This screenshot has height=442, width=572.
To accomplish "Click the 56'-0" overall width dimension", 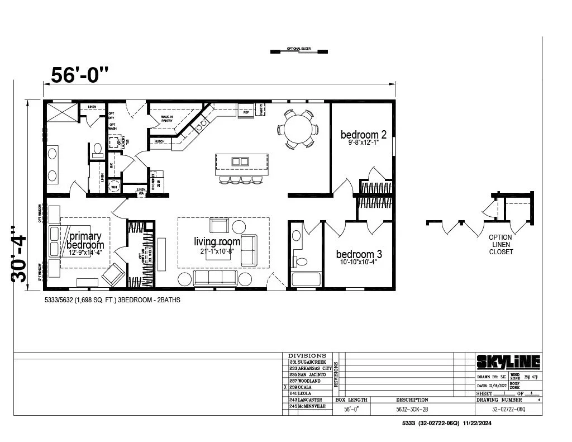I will (x=79, y=74).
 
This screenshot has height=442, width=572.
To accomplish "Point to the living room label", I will (x=217, y=241).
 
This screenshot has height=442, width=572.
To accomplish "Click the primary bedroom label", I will (x=85, y=240).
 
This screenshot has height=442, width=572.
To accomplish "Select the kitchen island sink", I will (x=240, y=161).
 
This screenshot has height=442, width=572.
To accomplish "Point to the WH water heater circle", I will (x=115, y=187).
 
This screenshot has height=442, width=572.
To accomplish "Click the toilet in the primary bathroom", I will (x=97, y=149).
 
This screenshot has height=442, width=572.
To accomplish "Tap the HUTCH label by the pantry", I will (x=159, y=142).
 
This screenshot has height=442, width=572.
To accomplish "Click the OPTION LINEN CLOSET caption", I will (x=500, y=244).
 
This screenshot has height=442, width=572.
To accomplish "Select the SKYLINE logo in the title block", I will (x=508, y=362).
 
